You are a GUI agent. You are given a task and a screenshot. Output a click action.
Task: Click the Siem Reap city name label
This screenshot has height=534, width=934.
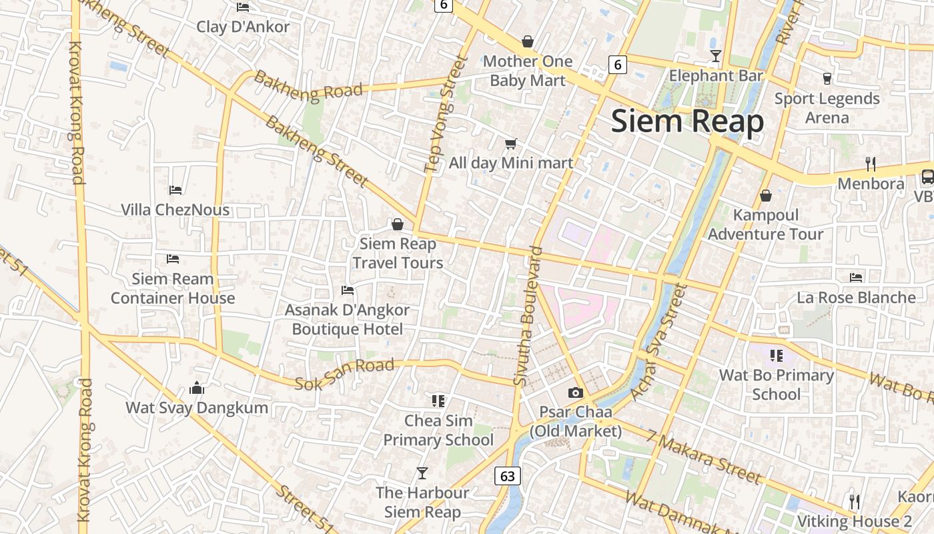coord(687,121)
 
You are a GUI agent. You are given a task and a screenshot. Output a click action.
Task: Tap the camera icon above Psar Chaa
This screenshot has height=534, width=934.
coord(575,392)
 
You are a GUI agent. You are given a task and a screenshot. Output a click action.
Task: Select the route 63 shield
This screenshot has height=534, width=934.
coord(508,476)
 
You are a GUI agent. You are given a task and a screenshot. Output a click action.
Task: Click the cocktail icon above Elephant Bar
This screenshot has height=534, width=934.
coord(716,55)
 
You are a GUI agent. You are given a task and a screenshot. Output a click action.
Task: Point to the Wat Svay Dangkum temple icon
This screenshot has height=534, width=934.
coord(197,387)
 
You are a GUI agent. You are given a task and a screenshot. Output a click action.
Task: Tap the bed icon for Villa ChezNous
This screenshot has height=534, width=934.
coord(175,190)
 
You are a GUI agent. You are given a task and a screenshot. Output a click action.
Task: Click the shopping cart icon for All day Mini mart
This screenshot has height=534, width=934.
coord(511,144)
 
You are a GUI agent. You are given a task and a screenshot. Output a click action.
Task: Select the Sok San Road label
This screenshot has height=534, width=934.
coord(344,375)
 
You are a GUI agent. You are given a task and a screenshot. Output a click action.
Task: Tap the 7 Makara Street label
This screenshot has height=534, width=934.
coord(703,458)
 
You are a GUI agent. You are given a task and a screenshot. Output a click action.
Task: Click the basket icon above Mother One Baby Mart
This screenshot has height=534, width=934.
coord(528,41)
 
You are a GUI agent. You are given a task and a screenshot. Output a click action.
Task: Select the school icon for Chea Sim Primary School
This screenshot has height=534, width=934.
coord(438,400)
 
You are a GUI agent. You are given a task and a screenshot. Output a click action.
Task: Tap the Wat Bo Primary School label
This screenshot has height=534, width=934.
coord(776,384)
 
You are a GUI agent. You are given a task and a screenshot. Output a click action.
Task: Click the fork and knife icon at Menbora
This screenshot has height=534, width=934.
coord(870,164)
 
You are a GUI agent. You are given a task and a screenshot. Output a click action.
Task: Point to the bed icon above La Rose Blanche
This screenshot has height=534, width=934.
coord(856,277)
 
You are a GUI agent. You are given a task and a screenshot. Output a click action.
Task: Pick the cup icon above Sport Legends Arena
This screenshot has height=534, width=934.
coord(827,78)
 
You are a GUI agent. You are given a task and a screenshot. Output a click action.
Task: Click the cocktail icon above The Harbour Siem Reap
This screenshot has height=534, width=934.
coord(422,473)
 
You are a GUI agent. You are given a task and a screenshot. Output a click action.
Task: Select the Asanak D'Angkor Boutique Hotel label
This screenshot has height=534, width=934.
coord(347,320)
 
